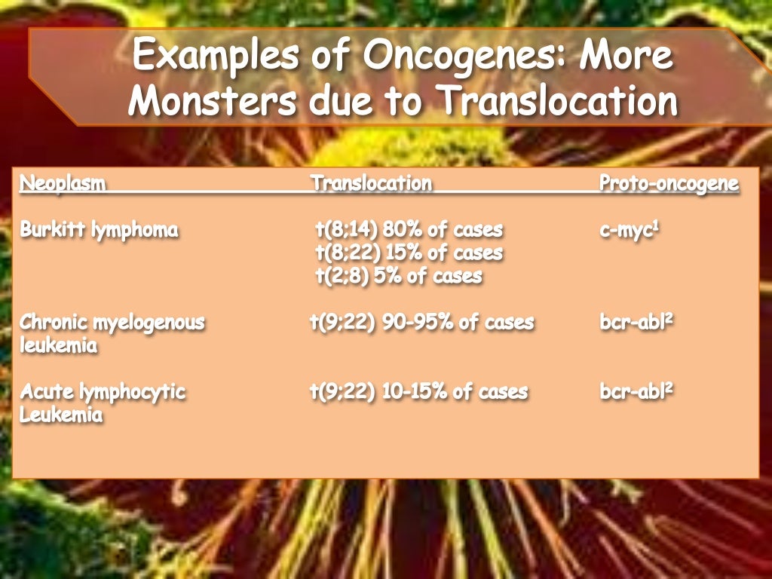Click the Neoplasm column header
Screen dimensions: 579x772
pyautogui.click(x=63, y=184)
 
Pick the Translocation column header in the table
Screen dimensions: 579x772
pyautogui.click(x=371, y=184)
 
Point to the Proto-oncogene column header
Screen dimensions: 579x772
pyautogui.click(x=669, y=184)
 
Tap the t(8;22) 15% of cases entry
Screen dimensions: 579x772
pyautogui.click(x=409, y=253)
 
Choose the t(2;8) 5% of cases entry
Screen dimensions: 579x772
pyautogui.click(x=398, y=276)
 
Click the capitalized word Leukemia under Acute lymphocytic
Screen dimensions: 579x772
pyautogui.click(x=61, y=415)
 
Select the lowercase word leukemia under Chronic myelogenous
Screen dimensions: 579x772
pyautogui.click(x=59, y=346)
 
